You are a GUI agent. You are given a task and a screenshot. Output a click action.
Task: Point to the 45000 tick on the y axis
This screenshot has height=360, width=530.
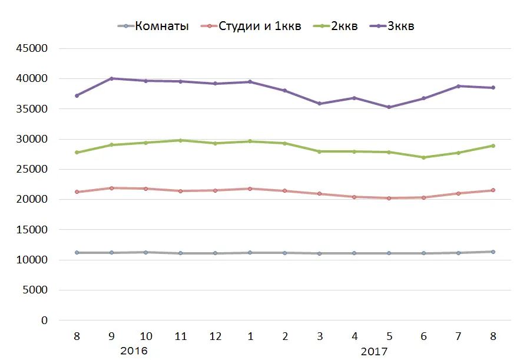pos(32,48)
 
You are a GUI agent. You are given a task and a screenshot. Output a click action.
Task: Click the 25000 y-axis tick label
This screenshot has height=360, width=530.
pos(32,169)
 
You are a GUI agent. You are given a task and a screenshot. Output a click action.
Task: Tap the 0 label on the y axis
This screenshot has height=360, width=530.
pos(44,321)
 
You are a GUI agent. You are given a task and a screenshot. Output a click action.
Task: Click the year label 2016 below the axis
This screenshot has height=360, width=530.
pos(134,351)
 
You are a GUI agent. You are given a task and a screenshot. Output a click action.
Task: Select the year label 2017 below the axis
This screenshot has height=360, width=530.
pos(373,351)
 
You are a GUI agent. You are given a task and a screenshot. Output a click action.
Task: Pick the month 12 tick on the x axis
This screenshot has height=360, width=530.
pos(216,336)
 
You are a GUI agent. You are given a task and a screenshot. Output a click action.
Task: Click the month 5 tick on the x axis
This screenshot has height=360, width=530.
pos(389,336)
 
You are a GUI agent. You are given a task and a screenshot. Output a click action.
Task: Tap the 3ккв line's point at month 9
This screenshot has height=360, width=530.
pos(111,78)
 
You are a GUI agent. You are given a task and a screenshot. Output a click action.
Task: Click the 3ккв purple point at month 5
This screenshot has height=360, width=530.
pos(389,107)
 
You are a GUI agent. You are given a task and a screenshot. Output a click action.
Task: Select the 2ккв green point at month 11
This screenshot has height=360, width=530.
pos(181,140)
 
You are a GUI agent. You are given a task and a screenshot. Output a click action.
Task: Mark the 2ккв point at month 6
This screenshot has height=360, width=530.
pos(424,157)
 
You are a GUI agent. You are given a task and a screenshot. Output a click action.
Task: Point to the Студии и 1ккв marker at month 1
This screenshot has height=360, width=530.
pos(250,189)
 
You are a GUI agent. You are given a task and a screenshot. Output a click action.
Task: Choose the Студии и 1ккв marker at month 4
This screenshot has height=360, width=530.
pos(355,197)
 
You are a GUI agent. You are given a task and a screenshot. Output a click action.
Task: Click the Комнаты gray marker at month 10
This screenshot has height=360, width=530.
pos(146,252)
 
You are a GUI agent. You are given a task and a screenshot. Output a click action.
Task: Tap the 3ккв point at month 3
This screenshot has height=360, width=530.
pos(320,104)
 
